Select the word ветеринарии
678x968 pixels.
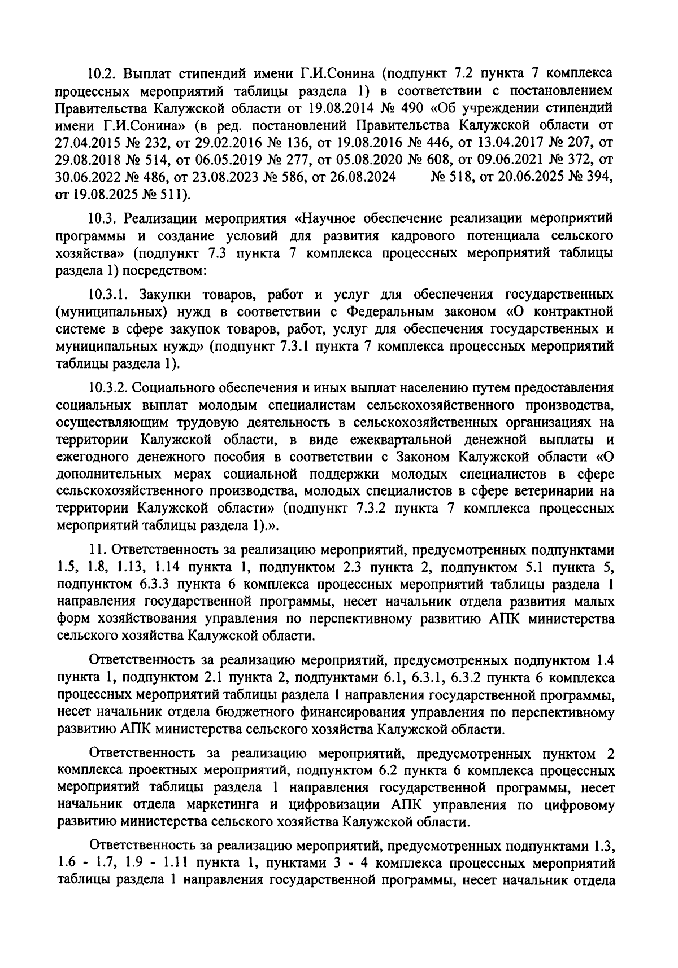(543, 492)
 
